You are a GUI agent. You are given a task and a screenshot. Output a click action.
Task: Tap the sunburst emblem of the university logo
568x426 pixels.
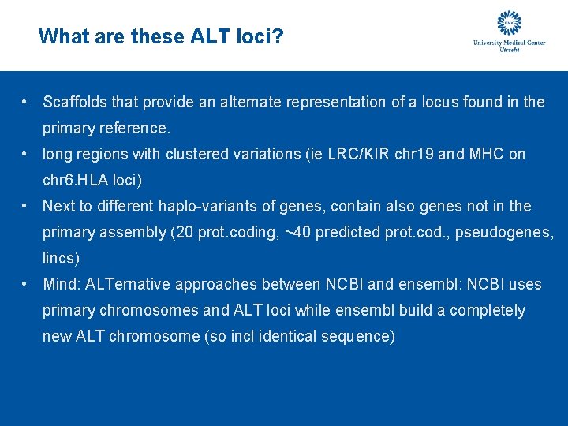tap(509, 24)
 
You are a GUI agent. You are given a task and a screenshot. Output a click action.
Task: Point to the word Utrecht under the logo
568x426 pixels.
tap(510, 49)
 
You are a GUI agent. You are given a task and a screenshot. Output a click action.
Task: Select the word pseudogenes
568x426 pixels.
tap(511, 233)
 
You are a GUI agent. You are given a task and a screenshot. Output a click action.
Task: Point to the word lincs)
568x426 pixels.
tap(62, 258)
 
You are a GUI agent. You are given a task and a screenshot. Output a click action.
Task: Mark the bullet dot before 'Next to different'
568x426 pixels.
tap(26, 207)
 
